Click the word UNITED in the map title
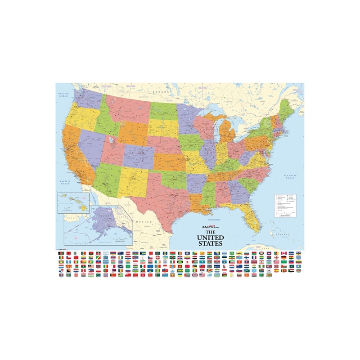click(x=211, y=237)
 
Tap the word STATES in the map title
click(x=211, y=243)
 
